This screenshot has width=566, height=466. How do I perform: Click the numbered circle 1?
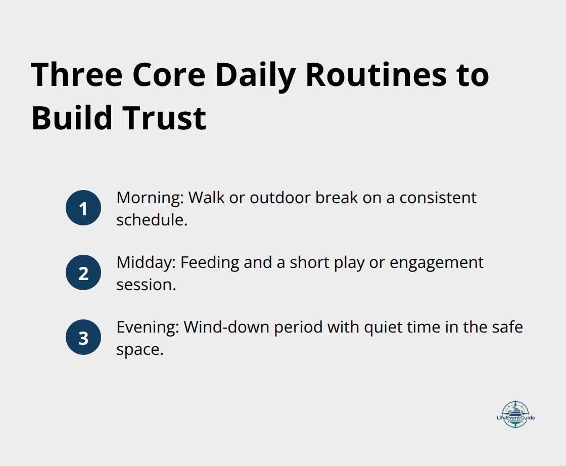(83, 208)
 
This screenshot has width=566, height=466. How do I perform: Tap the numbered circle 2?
(83, 273)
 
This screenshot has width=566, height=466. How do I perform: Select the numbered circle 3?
(83, 338)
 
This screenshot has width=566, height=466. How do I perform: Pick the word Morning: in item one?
(150, 198)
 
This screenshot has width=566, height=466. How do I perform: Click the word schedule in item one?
(151, 220)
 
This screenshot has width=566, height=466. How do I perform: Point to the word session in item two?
(146, 285)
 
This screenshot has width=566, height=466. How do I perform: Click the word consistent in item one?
(438, 198)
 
